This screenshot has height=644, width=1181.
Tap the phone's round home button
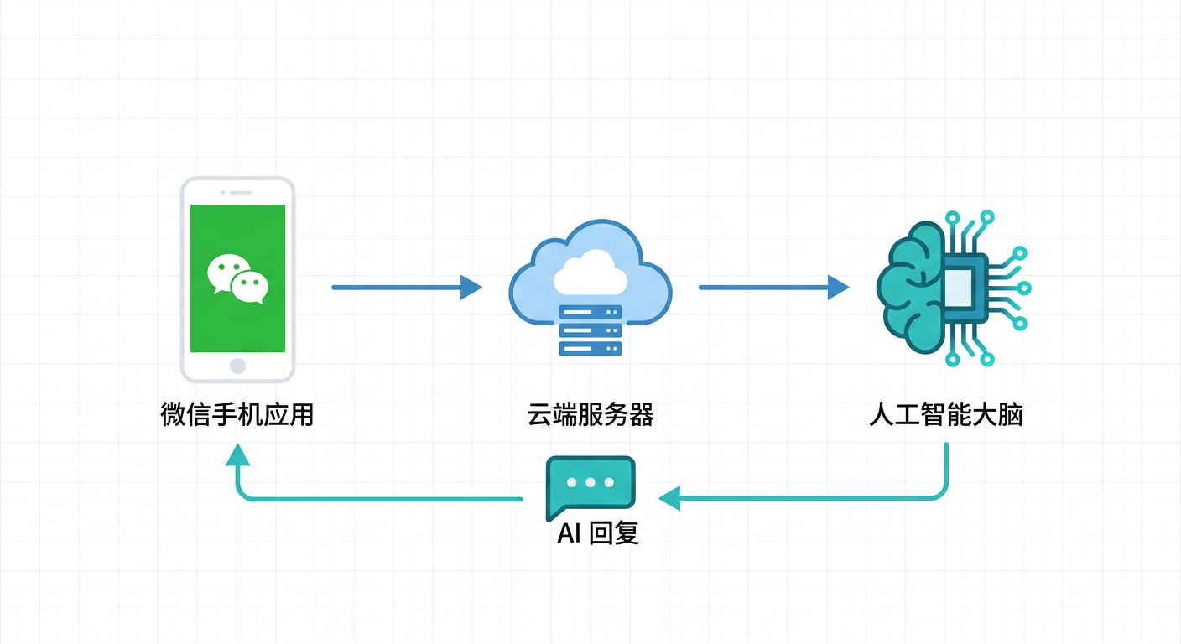click(237, 366)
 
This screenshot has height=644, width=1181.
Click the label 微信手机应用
click(237, 414)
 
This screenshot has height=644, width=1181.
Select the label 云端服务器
click(590, 414)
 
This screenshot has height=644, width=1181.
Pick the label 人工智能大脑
click(946, 414)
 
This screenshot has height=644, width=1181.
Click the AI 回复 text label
click(598, 533)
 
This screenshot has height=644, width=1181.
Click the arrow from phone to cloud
click(406, 288)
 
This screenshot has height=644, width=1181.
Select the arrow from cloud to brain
click(773, 288)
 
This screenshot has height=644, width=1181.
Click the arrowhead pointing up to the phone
click(237, 454)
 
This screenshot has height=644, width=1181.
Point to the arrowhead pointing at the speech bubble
click(670, 499)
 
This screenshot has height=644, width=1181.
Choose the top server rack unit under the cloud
click(590, 312)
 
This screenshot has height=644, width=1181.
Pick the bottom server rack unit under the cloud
click(590, 348)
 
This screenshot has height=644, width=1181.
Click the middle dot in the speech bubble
click(590, 483)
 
